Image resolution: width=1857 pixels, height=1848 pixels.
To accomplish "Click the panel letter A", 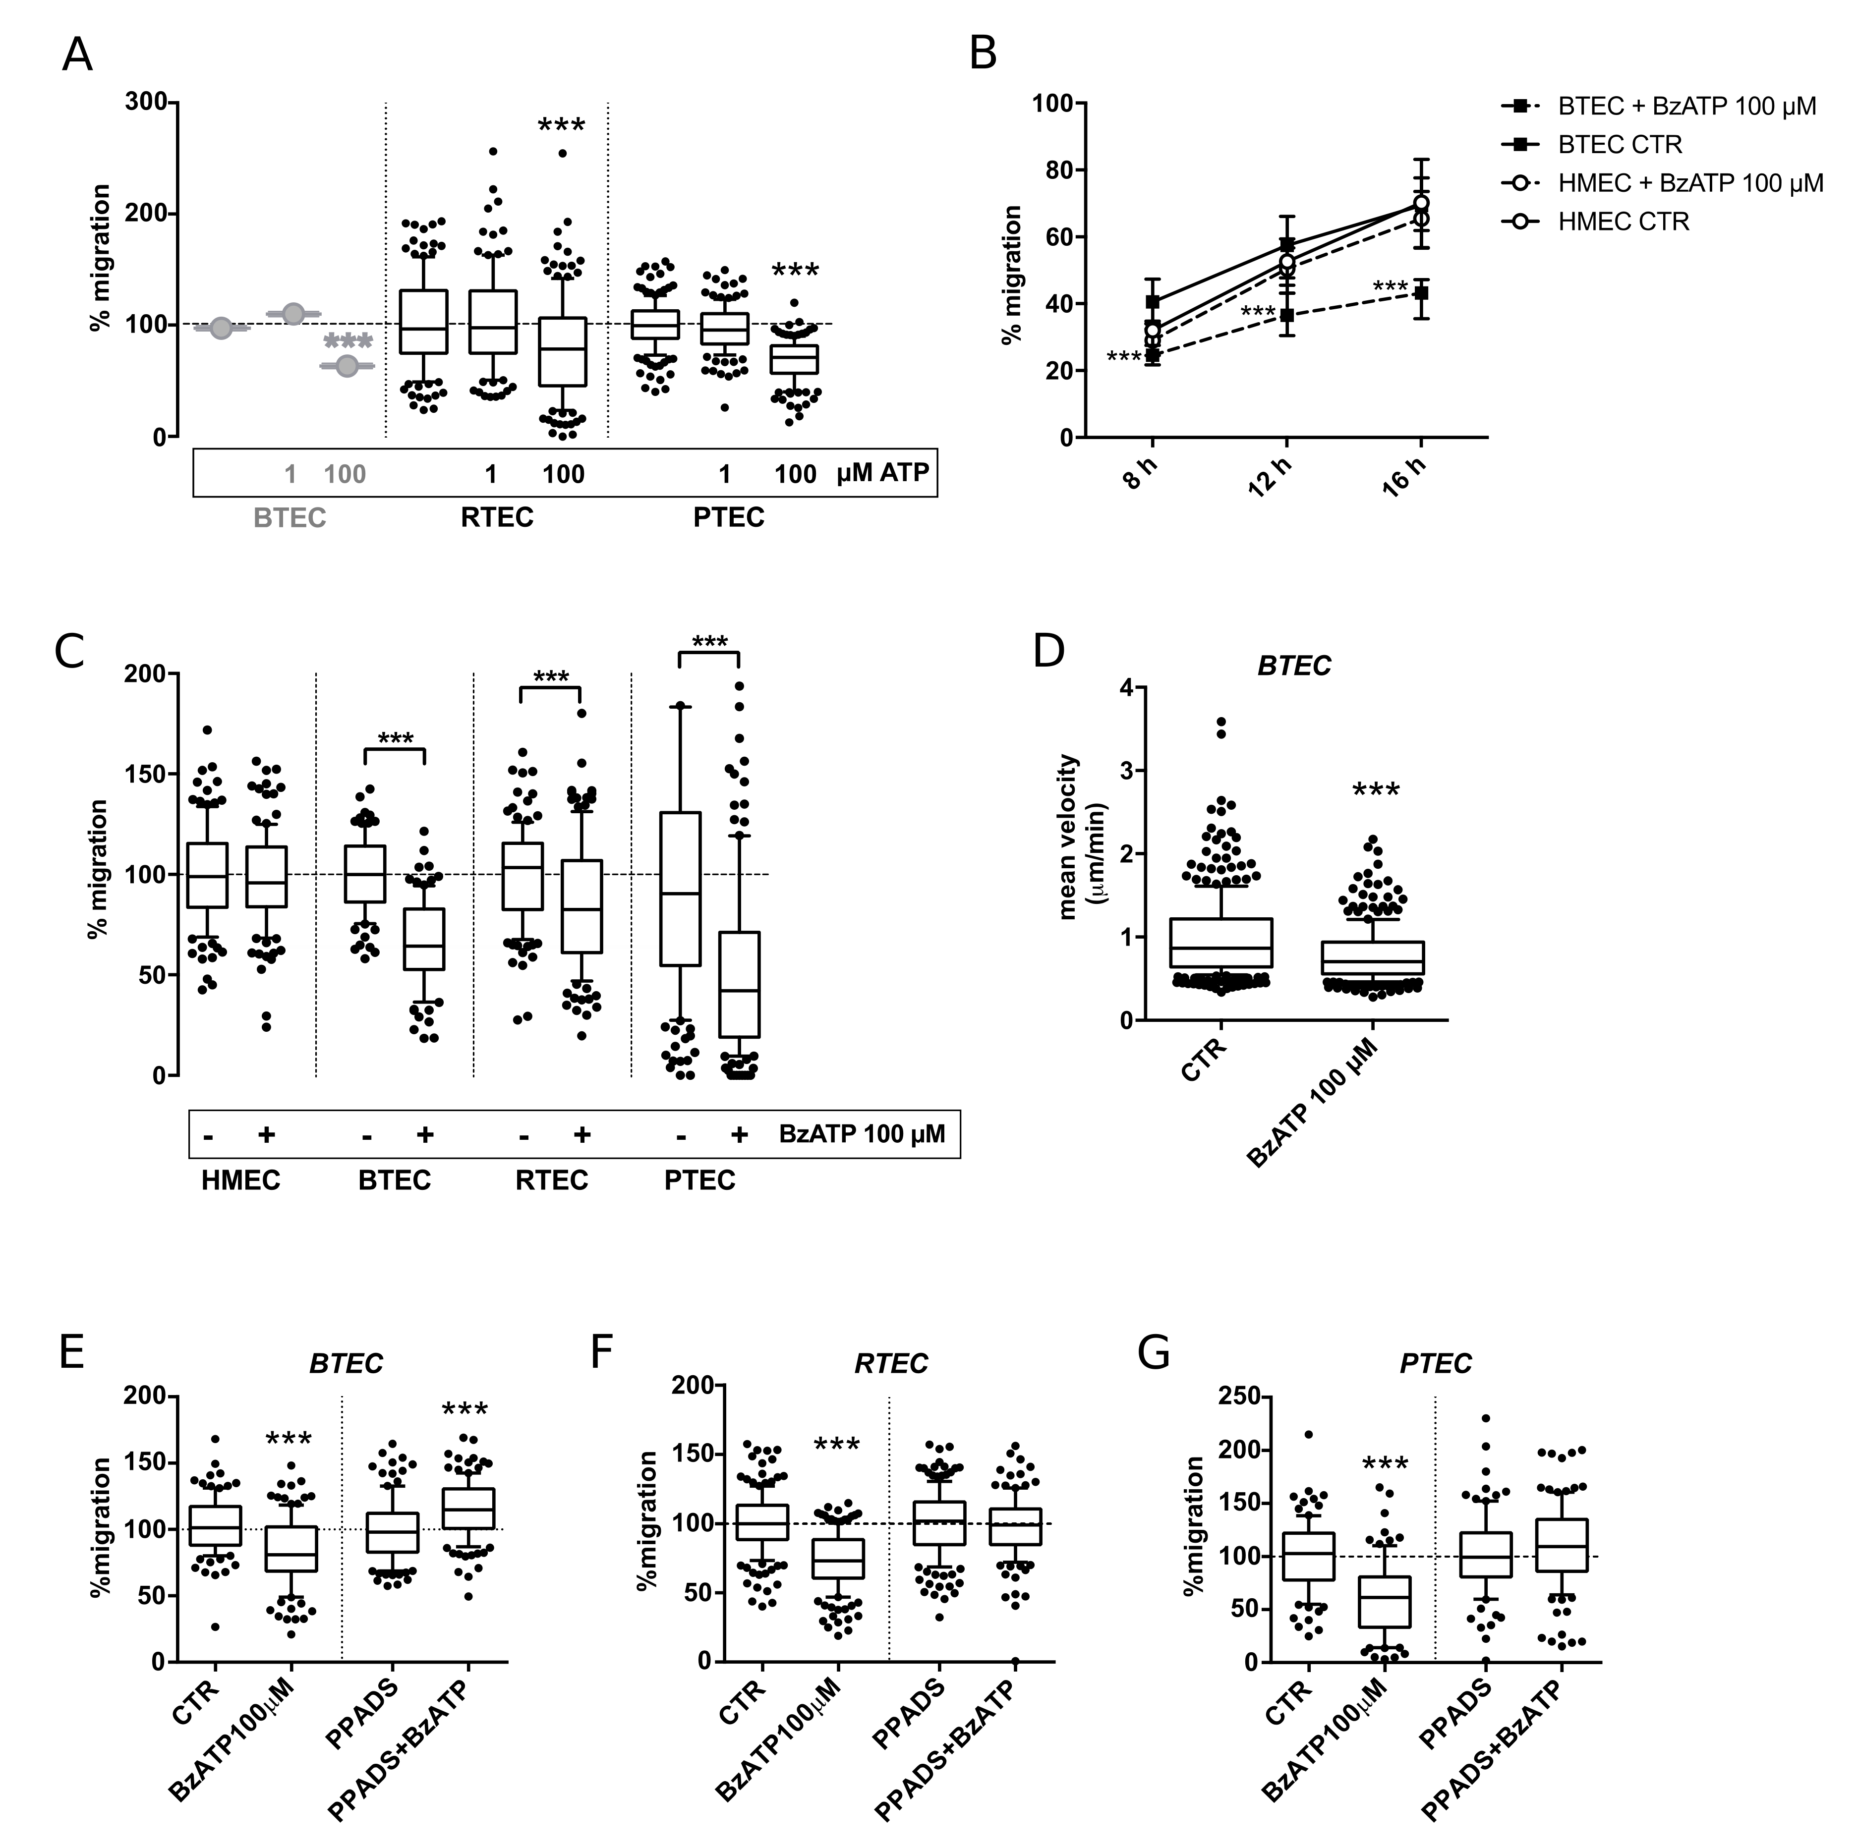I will [x=77, y=56].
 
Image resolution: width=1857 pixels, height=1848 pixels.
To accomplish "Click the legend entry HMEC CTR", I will [x=1623, y=222].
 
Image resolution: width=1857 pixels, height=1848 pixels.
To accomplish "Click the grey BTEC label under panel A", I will [x=290, y=518].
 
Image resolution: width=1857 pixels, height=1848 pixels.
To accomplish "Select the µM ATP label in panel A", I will [x=882, y=473].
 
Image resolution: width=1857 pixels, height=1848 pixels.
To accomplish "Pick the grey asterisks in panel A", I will [x=348, y=342].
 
